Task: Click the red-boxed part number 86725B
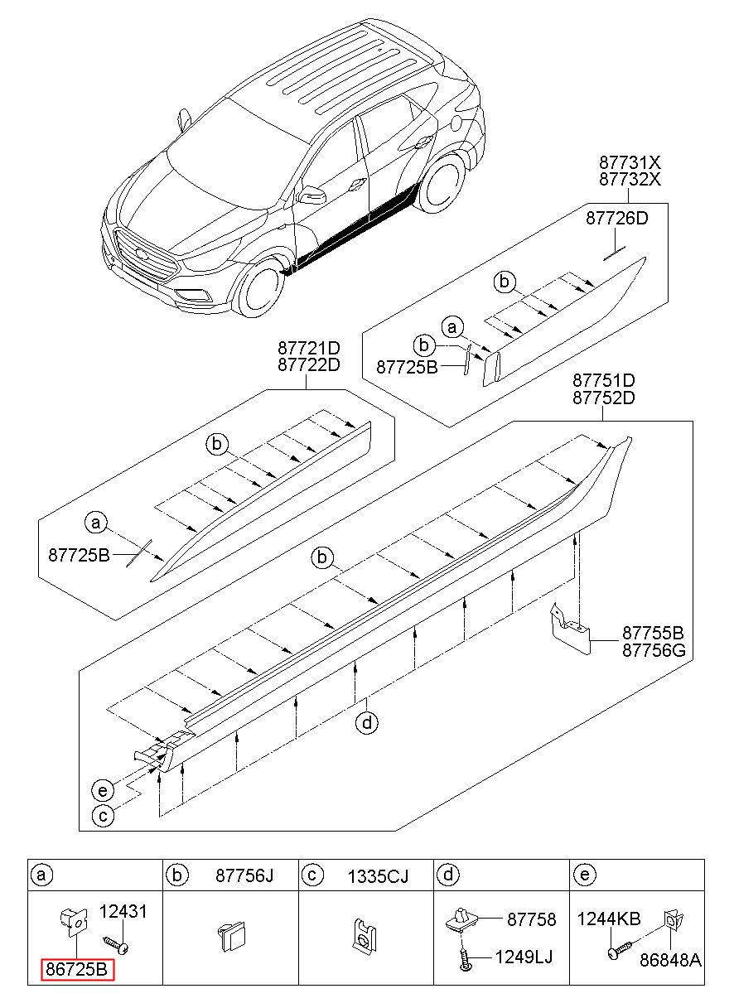point(77,969)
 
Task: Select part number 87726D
point(616,219)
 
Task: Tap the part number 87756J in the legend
point(244,875)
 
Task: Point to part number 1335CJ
point(377,875)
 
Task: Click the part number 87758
point(531,920)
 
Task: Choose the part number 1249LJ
point(524,957)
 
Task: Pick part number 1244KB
point(609,919)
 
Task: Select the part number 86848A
point(670,960)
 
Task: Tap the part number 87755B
point(654,632)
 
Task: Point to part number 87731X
point(630,162)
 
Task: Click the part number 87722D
point(309,365)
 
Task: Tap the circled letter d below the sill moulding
point(367,724)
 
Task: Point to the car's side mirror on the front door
point(313,195)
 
